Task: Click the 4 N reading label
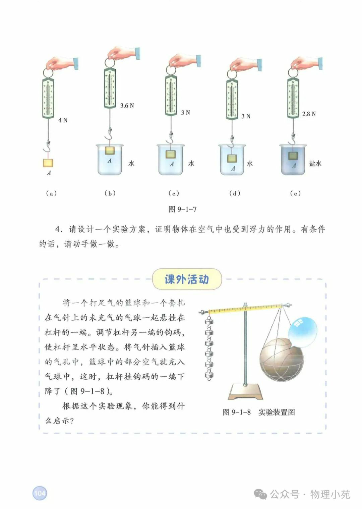click(63, 120)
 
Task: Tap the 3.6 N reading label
click(127, 106)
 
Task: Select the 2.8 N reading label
click(309, 114)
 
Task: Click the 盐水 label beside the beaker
click(315, 164)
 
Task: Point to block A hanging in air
click(48, 163)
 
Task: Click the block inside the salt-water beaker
click(293, 156)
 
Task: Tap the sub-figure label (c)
click(174, 193)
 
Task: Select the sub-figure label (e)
click(295, 193)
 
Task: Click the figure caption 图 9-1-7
click(182, 209)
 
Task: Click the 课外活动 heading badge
click(187, 279)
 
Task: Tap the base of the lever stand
click(245, 391)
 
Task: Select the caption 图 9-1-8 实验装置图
click(259, 412)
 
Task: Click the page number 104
click(40, 493)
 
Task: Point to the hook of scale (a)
click(47, 147)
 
